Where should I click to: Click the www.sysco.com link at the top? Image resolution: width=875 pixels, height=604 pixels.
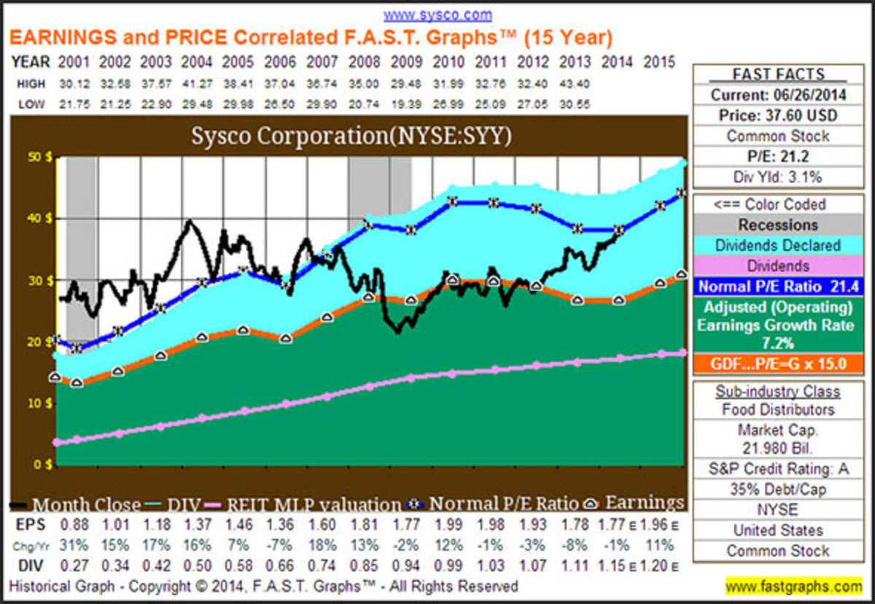click(437, 15)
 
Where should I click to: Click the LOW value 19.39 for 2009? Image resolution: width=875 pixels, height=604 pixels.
click(406, 104)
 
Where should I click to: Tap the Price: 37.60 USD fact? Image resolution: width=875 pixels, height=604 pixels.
click(778, 115)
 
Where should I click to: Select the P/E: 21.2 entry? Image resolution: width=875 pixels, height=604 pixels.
click(778, 155)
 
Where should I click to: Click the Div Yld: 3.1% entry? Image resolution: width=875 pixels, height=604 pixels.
click(778, 176)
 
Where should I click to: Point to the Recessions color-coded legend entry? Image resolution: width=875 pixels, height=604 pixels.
click(778, 225)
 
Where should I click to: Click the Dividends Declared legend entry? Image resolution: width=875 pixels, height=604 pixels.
click(778, 245)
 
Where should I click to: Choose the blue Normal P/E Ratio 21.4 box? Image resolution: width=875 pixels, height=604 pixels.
click(778, 286)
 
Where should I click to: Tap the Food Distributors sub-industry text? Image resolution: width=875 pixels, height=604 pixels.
click(778, 409)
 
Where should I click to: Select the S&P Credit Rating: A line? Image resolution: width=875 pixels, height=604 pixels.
click(778, 469)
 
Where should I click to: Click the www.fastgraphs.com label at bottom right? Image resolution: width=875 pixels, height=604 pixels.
click(793, 586)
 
